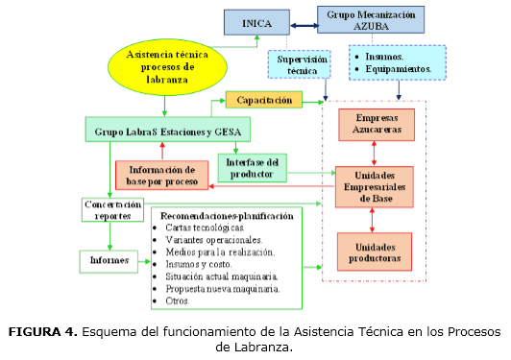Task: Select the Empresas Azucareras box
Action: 376,124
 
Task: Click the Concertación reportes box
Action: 112,210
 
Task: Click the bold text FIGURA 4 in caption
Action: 41,332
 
